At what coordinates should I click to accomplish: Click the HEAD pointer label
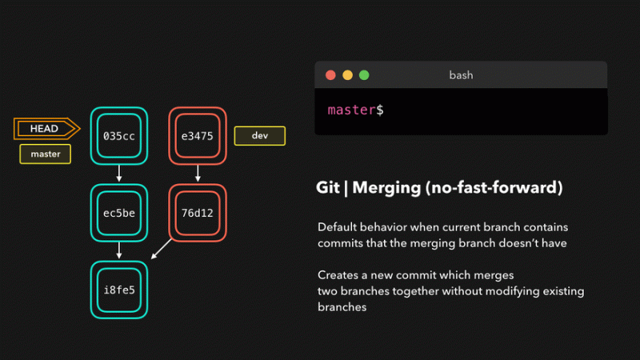[x=46, y=129]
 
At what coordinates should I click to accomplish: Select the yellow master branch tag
[x=46, y=154]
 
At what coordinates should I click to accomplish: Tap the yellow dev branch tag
[x=259, y=135]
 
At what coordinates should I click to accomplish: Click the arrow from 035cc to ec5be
[x=119, y=173]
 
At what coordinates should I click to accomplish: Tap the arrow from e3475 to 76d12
[x=198, y=173]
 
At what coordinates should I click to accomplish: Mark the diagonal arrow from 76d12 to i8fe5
[x=162, y=249]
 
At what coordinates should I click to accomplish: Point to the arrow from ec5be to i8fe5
[x=119, y=250]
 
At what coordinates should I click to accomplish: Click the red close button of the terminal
[x=330, y=75]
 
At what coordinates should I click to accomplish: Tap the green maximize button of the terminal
[x=364, y=75]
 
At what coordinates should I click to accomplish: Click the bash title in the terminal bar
[x=462, y=75]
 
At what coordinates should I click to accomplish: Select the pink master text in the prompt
[x=351, y=110]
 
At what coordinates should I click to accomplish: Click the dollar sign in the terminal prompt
[x=380, y=110]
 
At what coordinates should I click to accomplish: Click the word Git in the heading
[x=328, y=187]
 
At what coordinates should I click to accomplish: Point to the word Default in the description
[x=337, y=227]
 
